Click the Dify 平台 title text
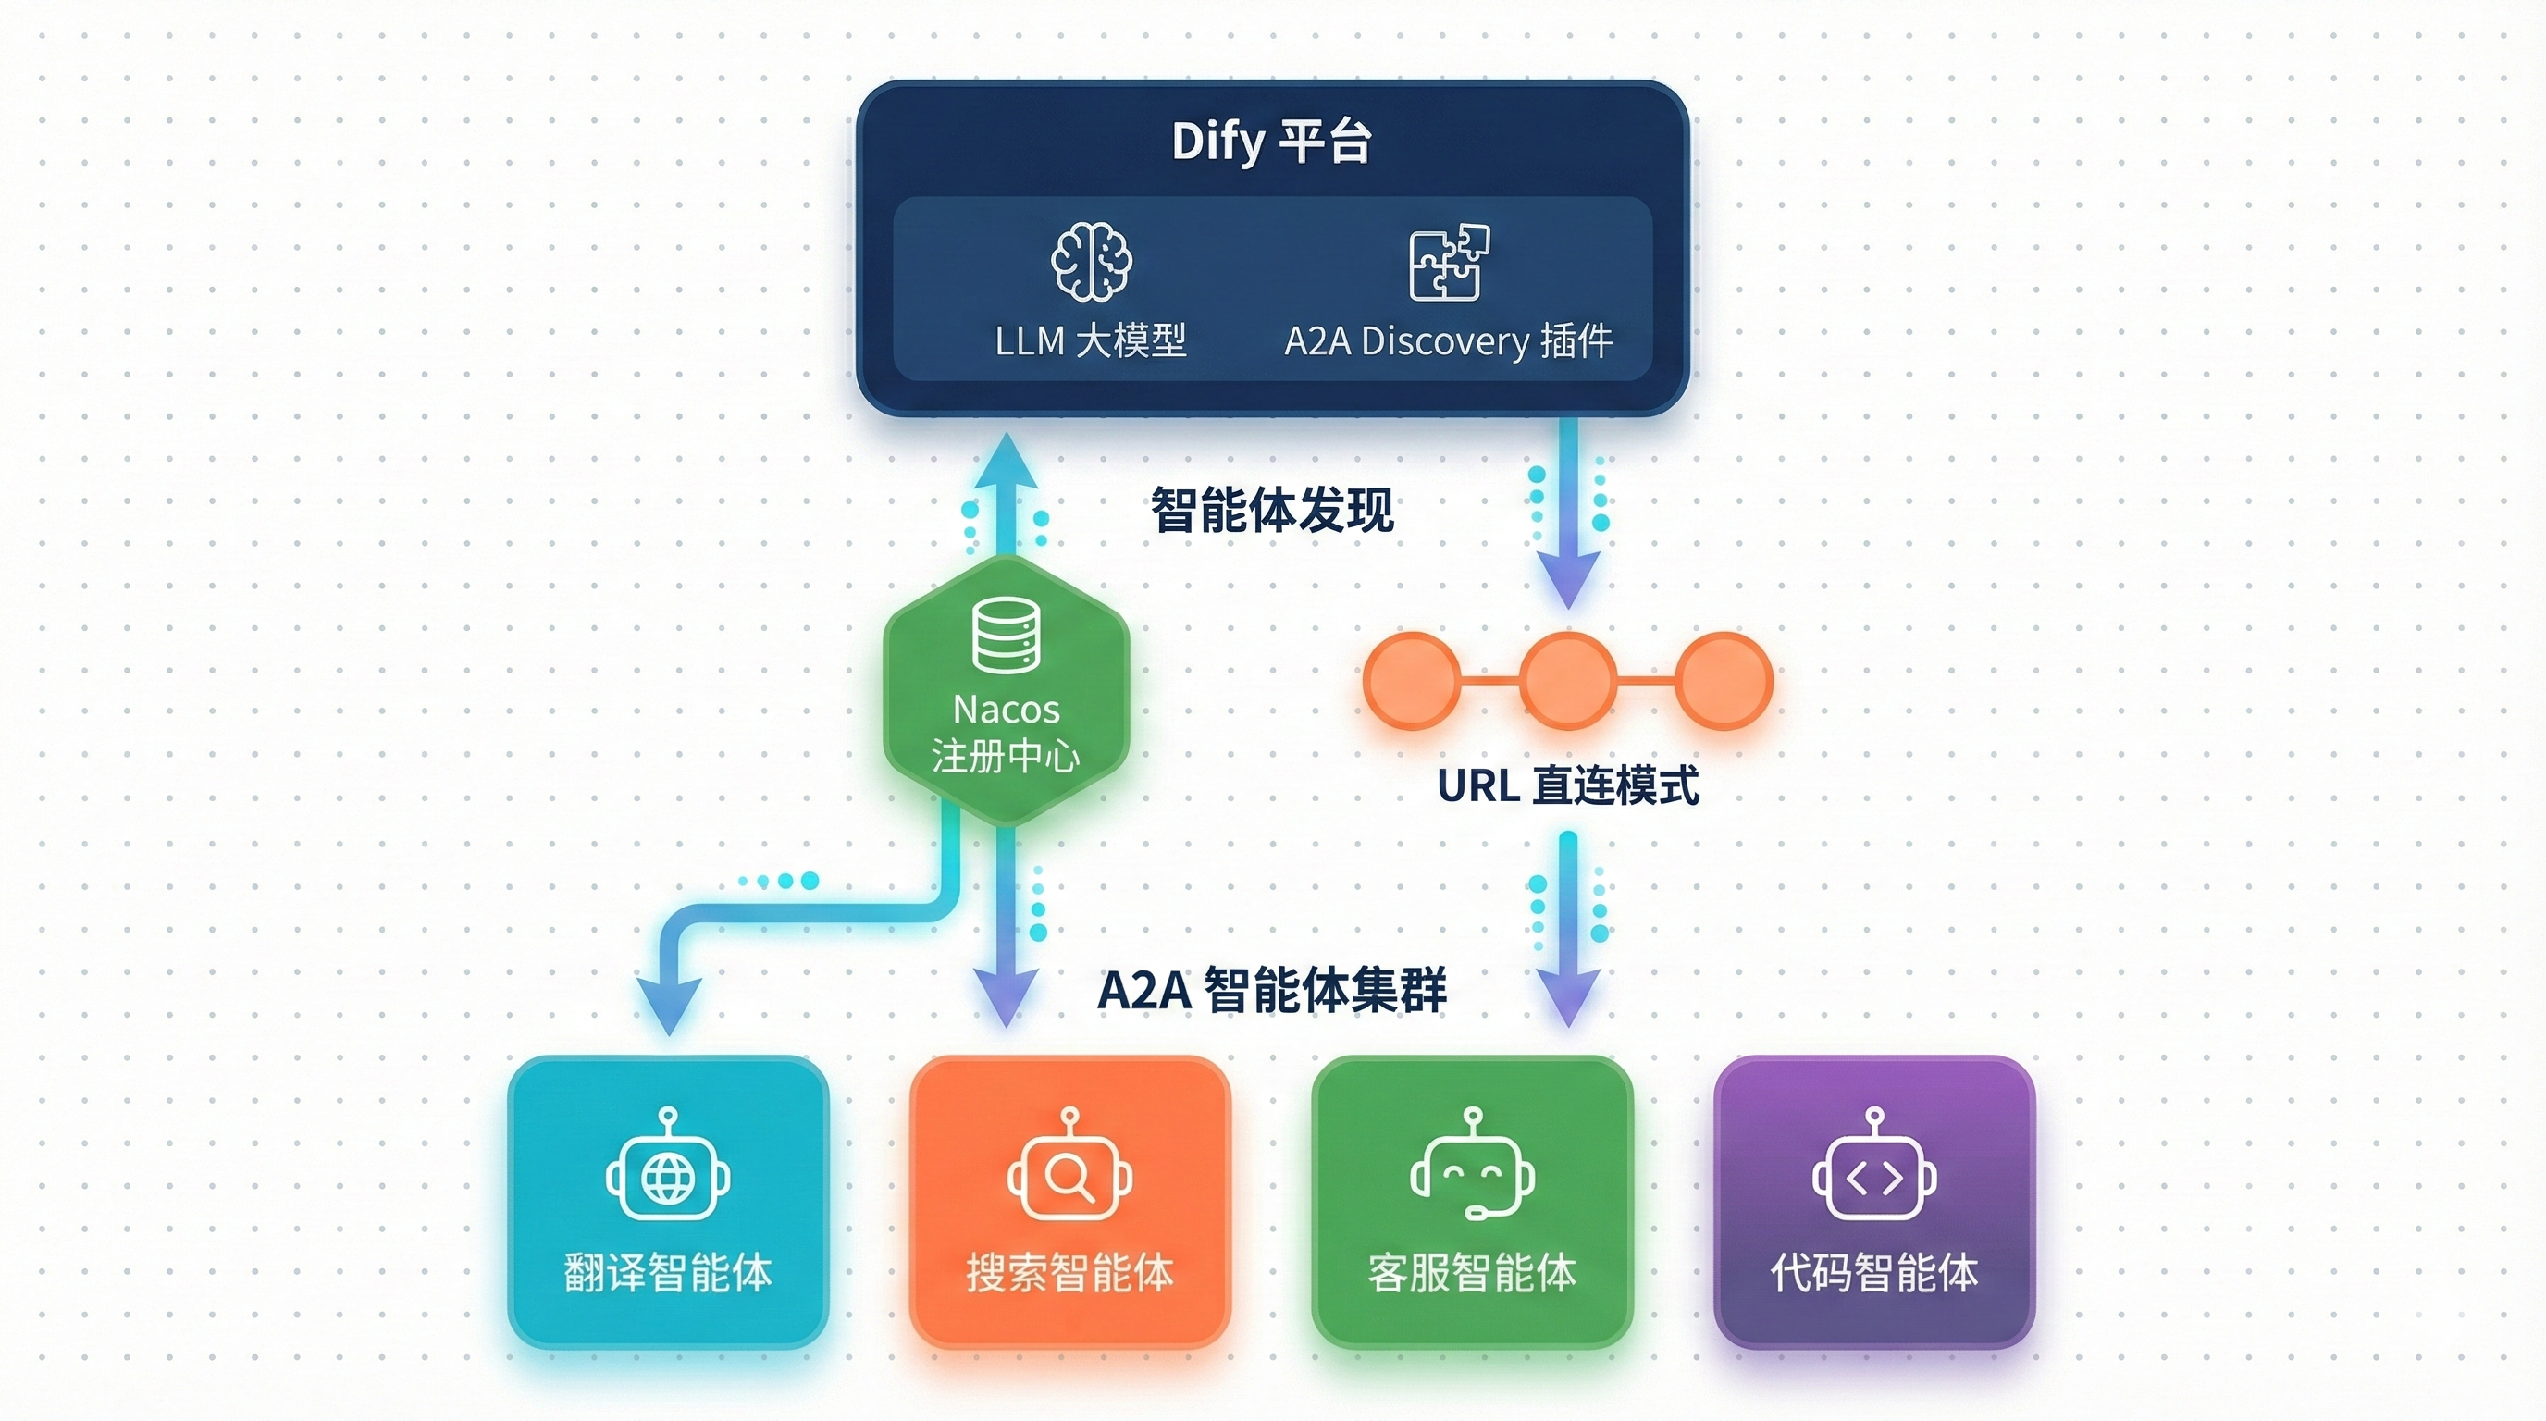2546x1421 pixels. (x=1271, y=142)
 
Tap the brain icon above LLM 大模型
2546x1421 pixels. (x=1090, y=261)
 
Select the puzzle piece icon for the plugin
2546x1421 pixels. (x=1448, y=262)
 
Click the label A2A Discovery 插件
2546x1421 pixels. (x=1448, y=341)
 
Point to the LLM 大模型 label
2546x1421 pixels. (x=1090, y=341)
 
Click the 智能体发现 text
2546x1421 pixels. (x=1272, y=510)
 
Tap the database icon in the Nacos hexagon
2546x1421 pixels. (x=1007, y=636)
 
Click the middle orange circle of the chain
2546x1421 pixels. (x=1567, y=681)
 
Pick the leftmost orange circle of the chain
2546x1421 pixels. (x=1412, y=681)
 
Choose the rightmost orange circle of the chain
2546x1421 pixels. (x=1724, y=681)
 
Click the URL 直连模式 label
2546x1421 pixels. (x=1567, y=786)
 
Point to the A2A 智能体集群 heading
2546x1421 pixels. (x=1272, y=989)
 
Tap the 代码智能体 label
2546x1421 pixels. (x=1874, y=1273)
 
